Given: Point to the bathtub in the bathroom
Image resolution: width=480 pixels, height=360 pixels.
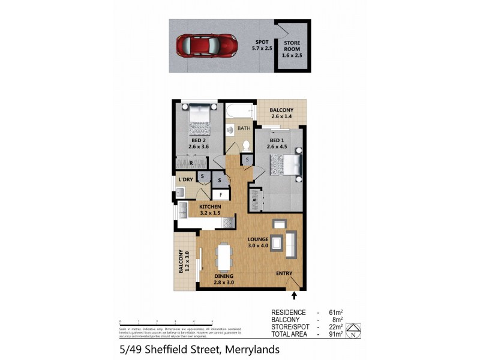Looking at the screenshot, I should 240,112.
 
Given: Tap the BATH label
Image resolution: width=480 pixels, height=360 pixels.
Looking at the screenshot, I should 244,128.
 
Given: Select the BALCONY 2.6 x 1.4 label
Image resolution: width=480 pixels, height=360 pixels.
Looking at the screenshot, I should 281,113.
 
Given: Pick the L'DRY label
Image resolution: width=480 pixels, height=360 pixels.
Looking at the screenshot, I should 185,179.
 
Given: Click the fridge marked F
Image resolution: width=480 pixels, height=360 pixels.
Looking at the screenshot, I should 221,196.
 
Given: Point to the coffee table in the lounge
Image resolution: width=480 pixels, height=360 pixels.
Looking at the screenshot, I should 277,243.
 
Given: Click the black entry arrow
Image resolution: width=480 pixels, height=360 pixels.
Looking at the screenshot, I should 294,295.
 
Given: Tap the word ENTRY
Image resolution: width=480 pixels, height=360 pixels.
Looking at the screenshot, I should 284,274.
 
